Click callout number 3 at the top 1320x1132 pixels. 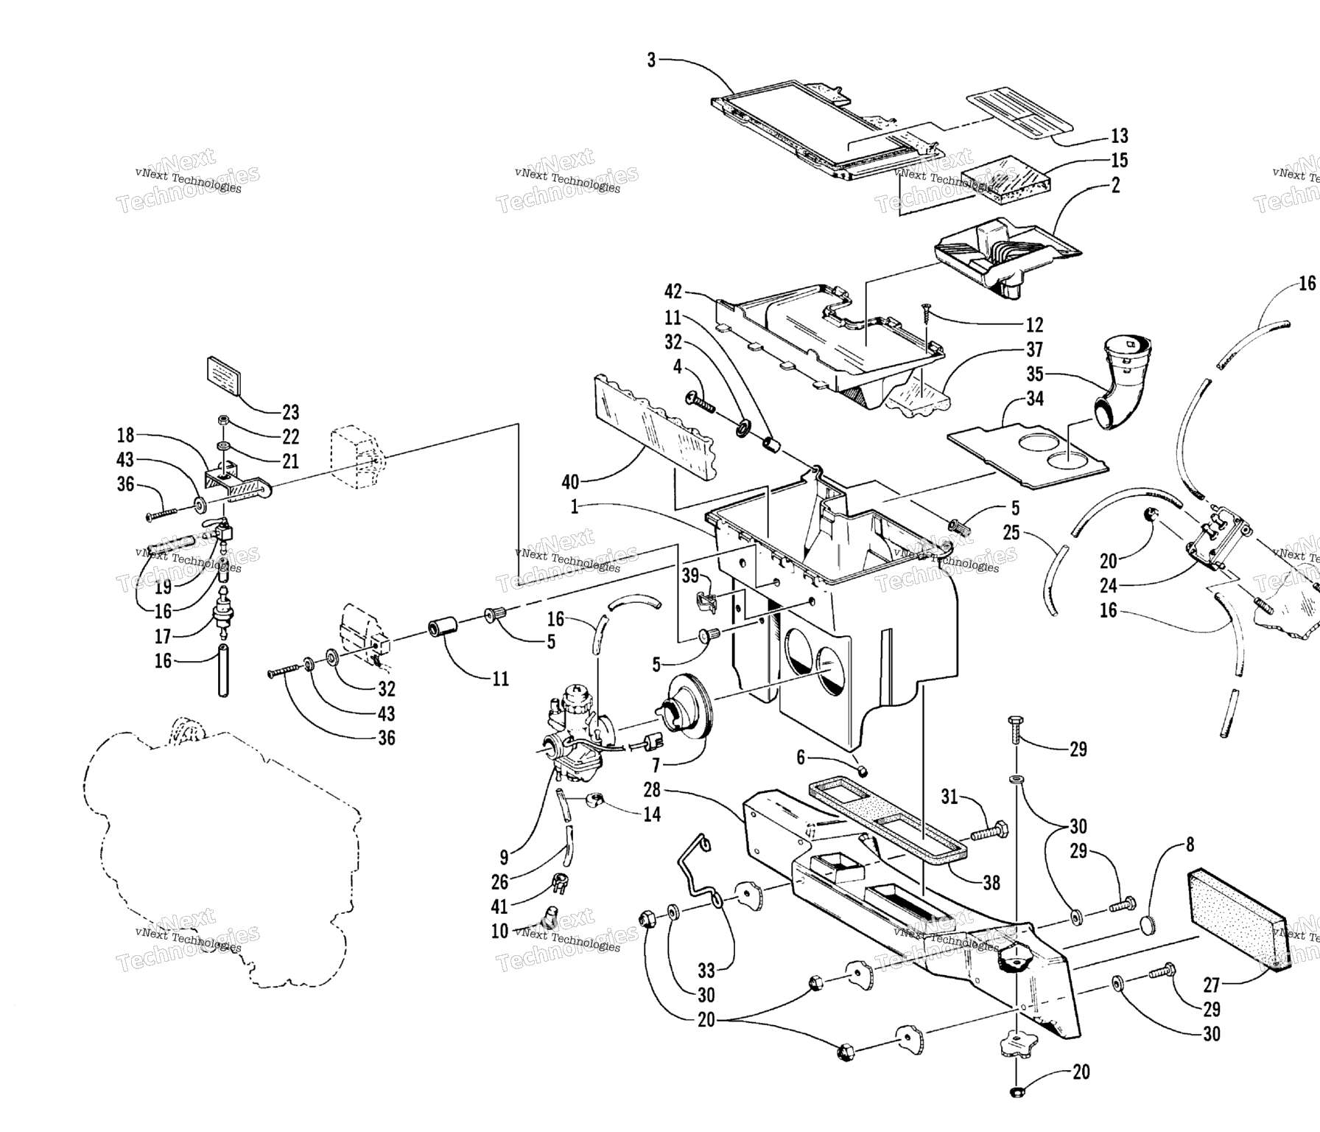[651, 60]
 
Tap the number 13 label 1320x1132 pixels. [1119, 136]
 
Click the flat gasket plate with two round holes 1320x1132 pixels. [1028, 451]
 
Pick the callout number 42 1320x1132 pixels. [673, 292]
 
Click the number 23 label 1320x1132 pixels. [291, 413]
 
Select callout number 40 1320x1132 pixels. [570, 483]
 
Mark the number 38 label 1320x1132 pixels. [991, 883]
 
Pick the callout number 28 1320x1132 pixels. [652, 791]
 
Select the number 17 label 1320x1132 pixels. [162, 636]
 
